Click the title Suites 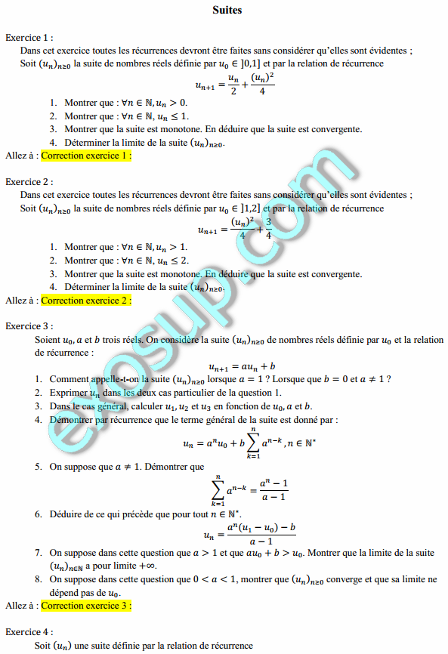(227, 11)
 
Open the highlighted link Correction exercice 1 (86, 156)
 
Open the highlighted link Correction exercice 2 (86, 300)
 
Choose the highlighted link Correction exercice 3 (86, 605)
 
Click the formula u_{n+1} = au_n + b (241, 366)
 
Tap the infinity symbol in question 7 (150, 566)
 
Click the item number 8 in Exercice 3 (38, 579)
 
